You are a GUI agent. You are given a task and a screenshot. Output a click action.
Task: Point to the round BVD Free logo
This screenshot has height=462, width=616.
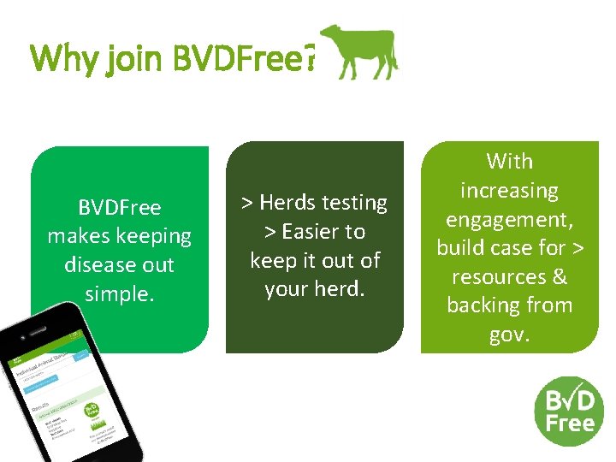pos(569,411)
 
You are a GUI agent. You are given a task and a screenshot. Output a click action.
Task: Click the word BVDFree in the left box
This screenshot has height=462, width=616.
pos(119,207)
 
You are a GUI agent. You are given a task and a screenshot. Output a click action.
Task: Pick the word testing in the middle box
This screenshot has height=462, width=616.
pos(353,203)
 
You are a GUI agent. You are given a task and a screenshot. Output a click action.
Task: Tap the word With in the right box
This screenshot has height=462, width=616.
pos(509,162)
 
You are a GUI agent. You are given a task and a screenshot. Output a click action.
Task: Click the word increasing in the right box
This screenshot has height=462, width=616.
pos(509,191)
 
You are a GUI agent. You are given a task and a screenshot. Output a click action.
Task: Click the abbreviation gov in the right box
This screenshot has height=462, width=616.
pos(507,335)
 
